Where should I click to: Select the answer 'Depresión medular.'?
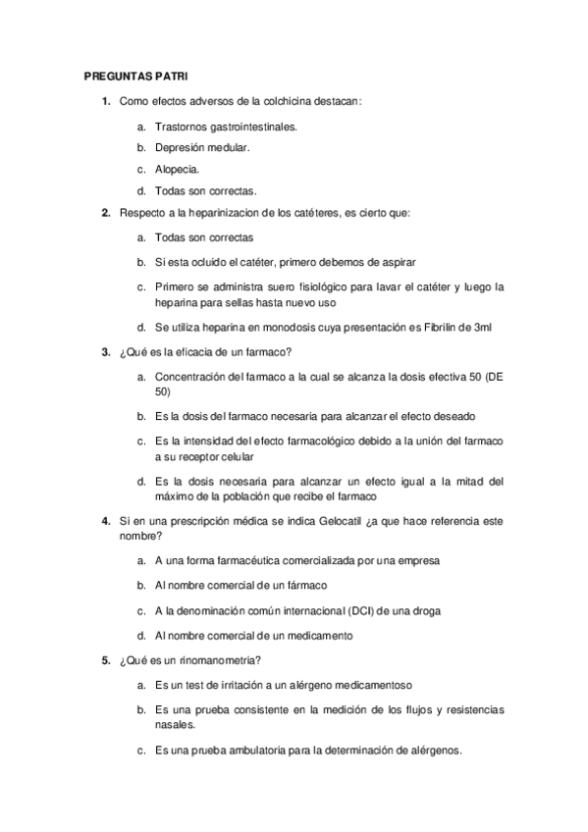[x=202, y=147]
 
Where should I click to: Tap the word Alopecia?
[x=178, y=169]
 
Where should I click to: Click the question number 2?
[x=106, y=212]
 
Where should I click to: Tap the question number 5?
[x=106, y=660]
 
